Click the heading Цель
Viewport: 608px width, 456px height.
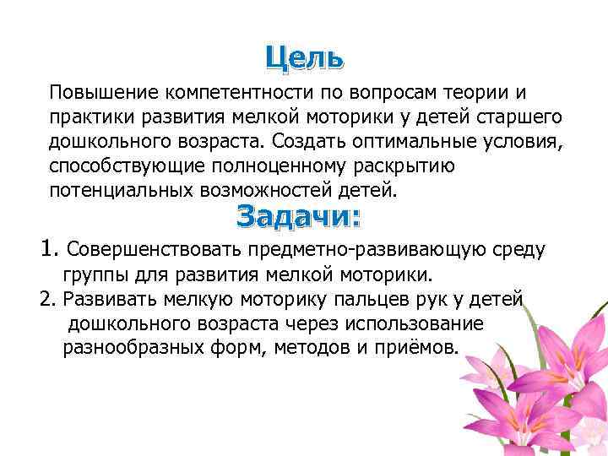(303, 57)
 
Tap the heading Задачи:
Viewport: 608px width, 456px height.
(298, 216)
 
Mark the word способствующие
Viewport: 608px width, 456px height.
(125, 166)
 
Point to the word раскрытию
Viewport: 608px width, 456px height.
(407, 166)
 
